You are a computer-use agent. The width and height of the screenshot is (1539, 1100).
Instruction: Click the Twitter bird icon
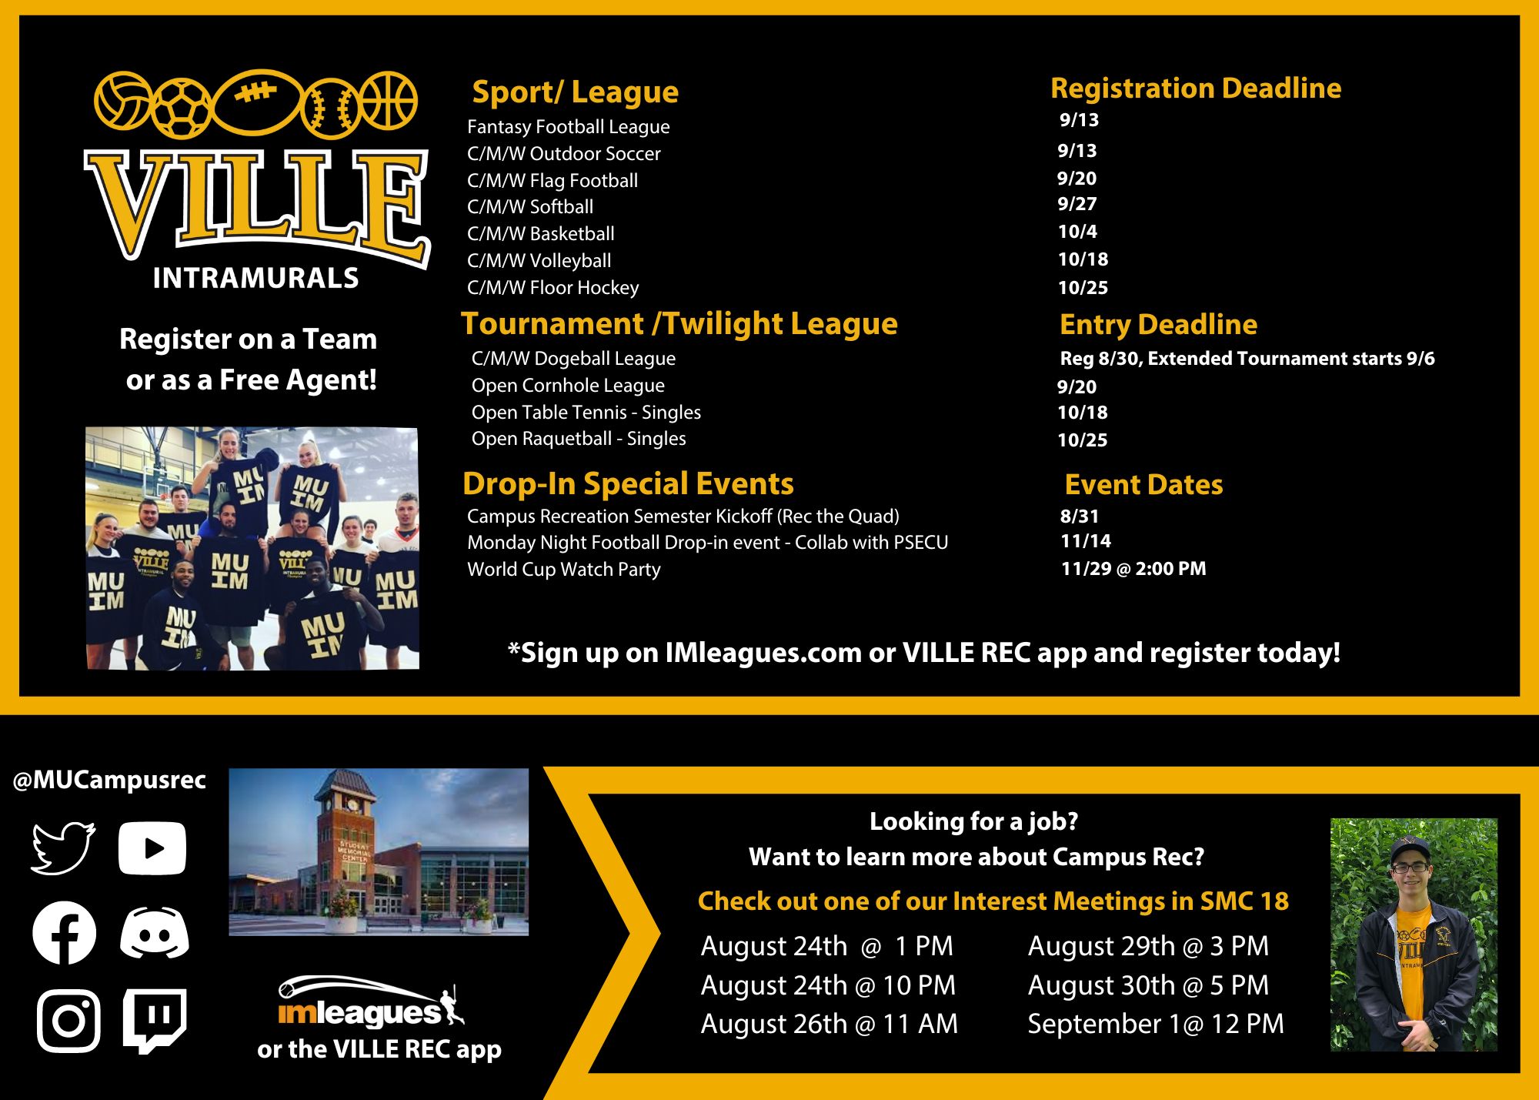click(x=64, y=848)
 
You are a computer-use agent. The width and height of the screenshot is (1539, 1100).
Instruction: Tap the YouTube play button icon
click(x=152, y=848)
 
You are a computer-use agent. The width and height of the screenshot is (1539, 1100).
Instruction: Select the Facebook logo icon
click(x=65, y=933)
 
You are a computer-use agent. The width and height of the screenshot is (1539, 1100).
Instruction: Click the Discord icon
click(x=155, y=934)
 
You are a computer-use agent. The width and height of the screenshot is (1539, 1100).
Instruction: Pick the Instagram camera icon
click(x=68, y=1021)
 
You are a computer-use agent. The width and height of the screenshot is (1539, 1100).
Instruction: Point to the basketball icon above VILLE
click(x=389, y=100)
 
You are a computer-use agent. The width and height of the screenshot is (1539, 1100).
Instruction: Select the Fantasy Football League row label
click(x=568, y=127)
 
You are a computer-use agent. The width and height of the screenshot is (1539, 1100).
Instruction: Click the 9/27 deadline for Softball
click(x=1077, y=204)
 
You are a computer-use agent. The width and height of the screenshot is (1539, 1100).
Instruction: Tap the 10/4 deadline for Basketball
click(x=1077, y=232)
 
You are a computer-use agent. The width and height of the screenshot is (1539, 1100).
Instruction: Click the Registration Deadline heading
click(x=1196, y=89)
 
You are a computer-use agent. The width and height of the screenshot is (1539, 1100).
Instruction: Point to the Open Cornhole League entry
click(x=568, y=386)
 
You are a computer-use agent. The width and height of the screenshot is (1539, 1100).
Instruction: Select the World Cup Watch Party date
click(x=1133, y=569)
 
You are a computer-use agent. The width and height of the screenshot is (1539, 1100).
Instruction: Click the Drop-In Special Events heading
click(x=628, y=484)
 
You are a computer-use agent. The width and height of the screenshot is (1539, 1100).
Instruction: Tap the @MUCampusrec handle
click(x=109, y=781)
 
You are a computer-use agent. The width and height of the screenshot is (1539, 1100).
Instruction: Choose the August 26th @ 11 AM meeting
click(x=829, y=1024)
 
